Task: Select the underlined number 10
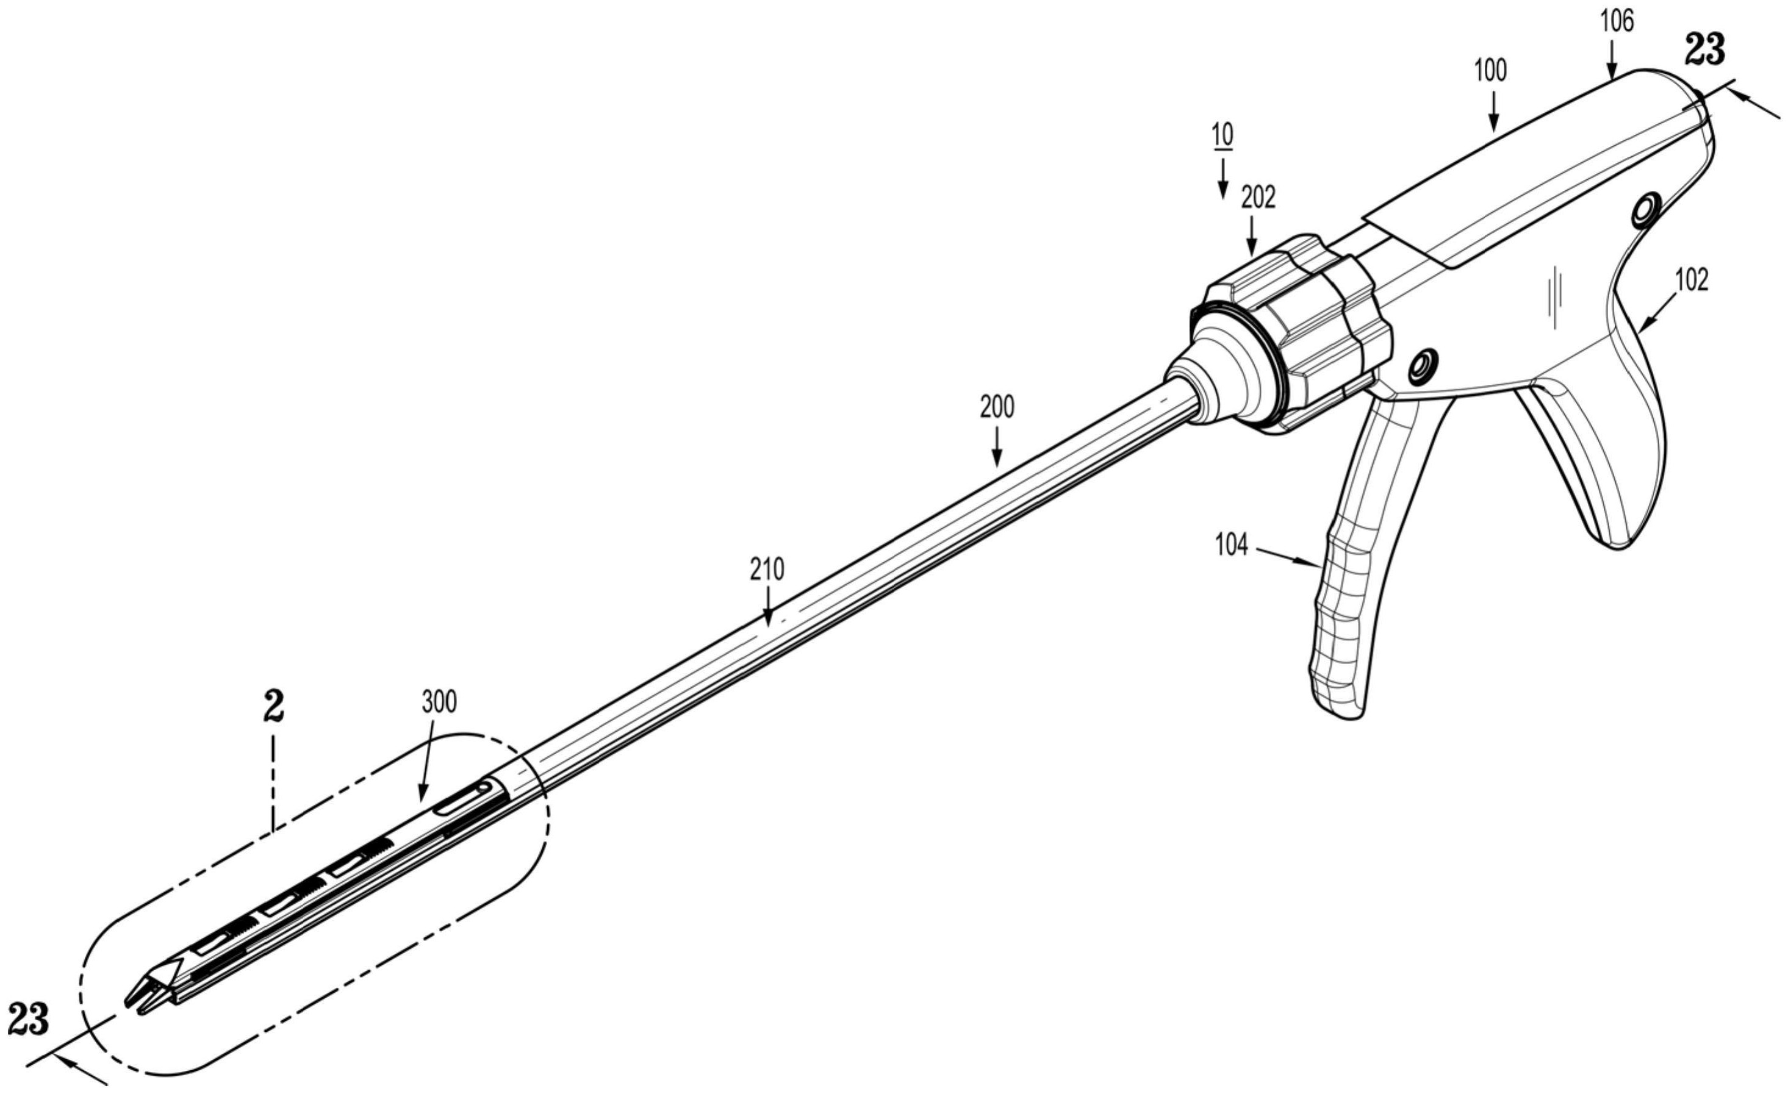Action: pos(1222,135)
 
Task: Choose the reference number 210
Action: pos(768,570)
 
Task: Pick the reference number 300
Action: pos(440,703)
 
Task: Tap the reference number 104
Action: pos(1232,545)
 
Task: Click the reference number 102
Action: pos(1692,280)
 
